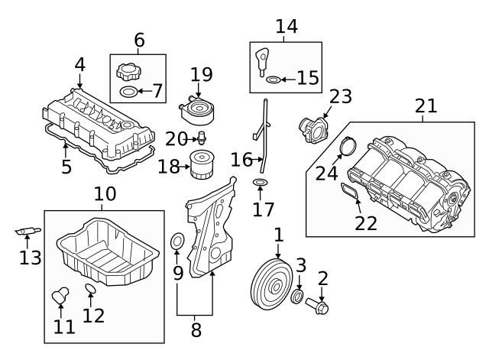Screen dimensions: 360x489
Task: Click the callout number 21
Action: [425, 106]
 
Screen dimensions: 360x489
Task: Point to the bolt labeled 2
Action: [319, 308]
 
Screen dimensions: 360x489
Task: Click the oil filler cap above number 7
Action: [128, 74]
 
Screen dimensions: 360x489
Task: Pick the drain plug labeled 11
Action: [60, 294]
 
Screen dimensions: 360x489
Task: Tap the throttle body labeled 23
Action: [314, 128]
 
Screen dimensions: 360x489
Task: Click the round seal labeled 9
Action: [176, 243]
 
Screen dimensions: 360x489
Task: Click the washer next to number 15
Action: [273, 79]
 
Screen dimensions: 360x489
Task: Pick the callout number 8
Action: [196, 329]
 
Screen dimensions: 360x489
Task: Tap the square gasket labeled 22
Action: [350, 192]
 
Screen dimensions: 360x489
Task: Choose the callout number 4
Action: [79, 66]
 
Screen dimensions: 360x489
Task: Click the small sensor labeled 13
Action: [28, 230]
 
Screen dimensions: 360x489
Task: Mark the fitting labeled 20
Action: [202, 138]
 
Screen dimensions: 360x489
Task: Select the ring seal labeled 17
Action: [260, 183]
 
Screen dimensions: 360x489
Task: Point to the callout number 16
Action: [241, 160]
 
